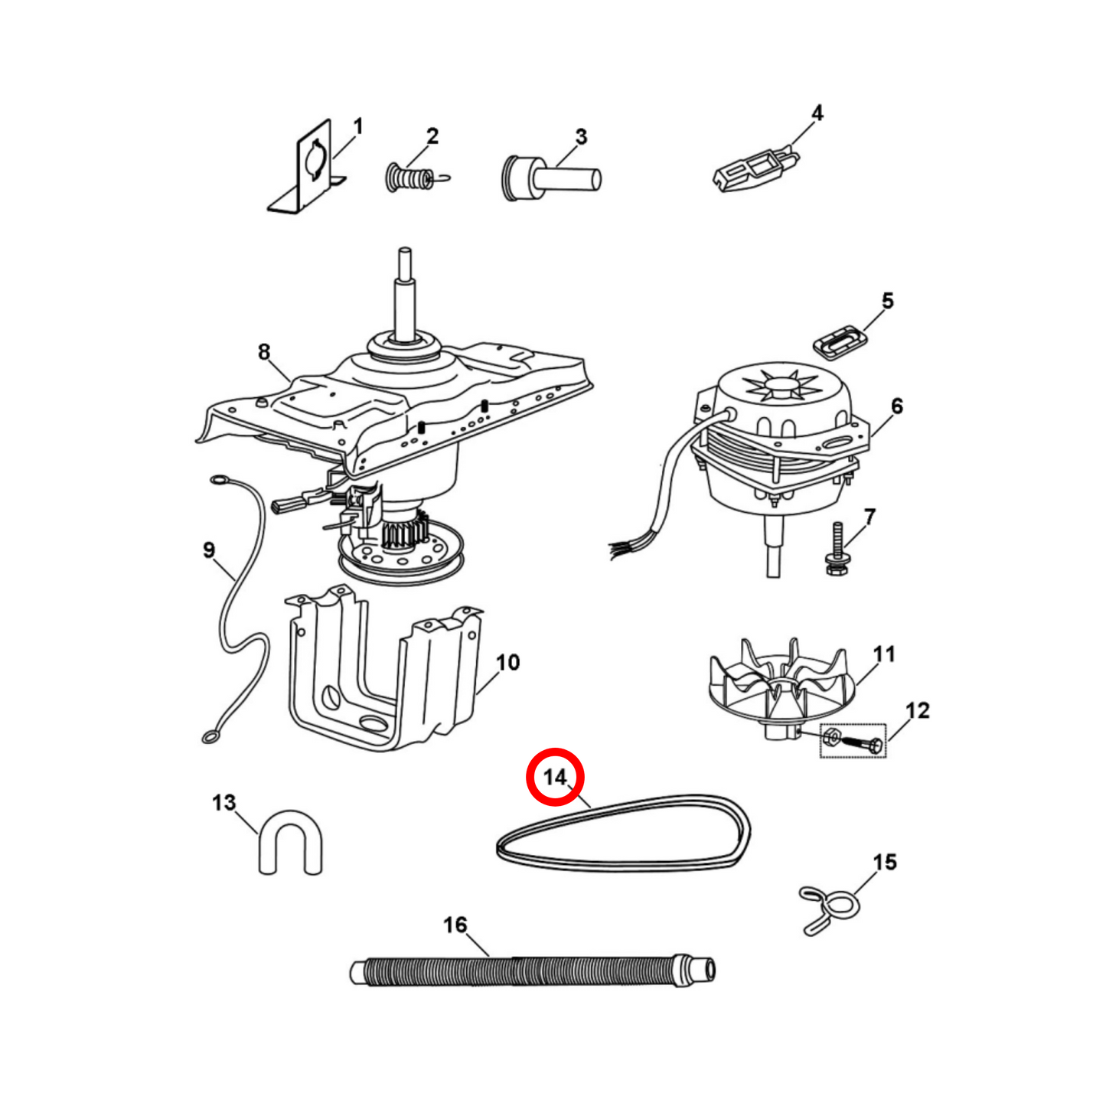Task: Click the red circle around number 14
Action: point(555,777)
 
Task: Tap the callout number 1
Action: point(357,127)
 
